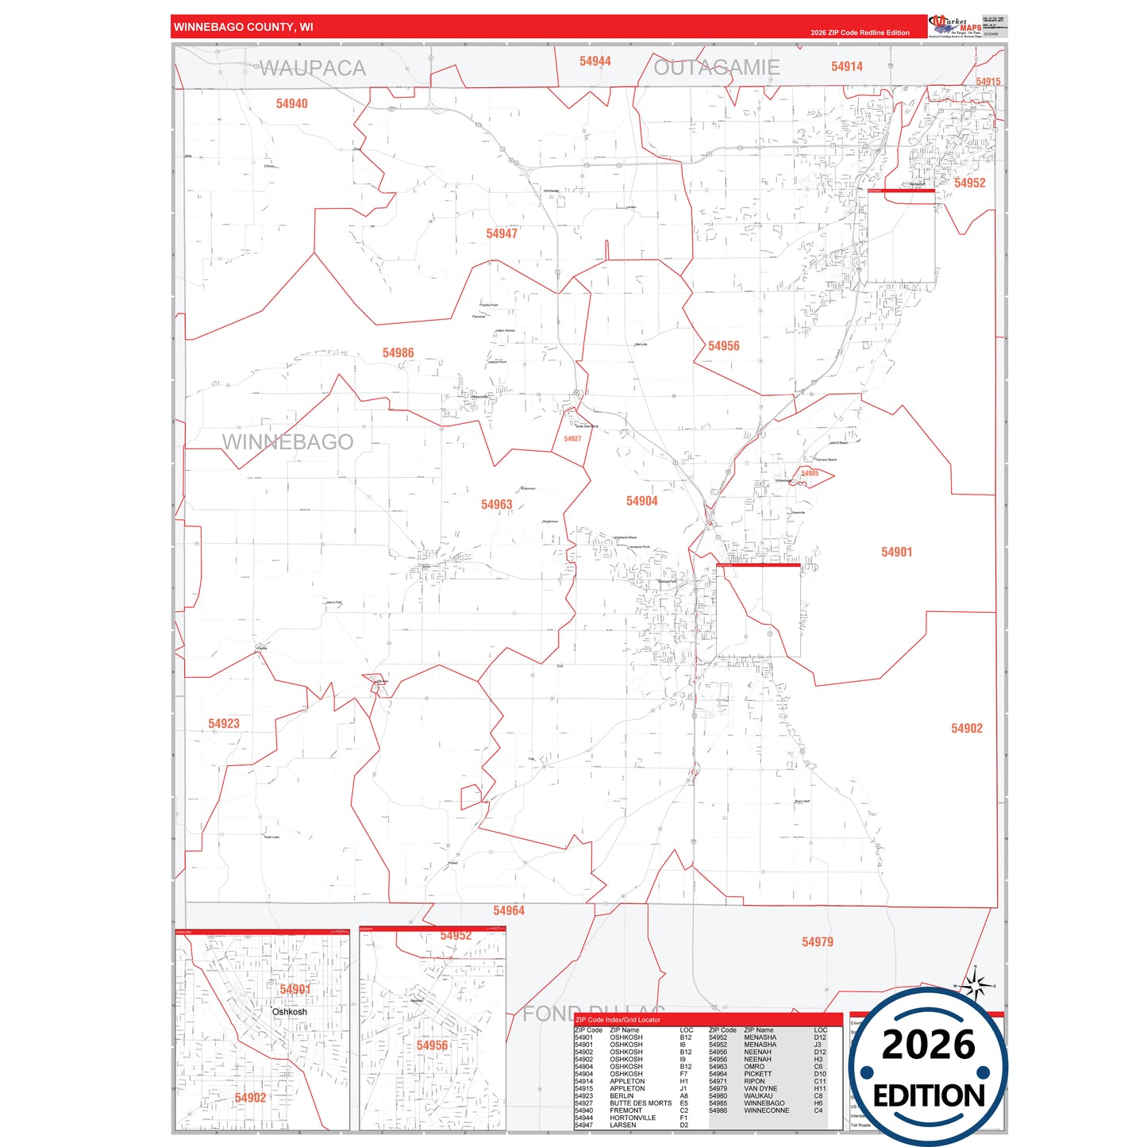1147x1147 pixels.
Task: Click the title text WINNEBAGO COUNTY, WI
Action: point(243,27)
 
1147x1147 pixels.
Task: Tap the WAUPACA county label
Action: point(313,68)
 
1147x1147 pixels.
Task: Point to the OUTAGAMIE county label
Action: point(716,67)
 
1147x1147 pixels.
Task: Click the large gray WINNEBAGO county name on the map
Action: point(287,442)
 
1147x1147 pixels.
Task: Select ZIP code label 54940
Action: point(291,104)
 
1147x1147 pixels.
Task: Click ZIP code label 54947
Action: point(502,233)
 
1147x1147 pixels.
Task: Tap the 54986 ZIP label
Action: point(398,353)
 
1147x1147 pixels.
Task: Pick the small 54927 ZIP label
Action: point(572,439)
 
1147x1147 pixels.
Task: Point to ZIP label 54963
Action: point(496,505)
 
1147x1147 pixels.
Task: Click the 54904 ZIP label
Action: point(641,501)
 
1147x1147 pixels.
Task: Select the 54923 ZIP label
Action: point(224,724)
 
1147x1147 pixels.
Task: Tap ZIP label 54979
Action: point(817,942)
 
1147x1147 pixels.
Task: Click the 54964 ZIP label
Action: point(509,911)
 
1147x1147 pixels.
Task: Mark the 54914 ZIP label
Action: point(846,67)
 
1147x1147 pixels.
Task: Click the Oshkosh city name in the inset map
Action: point(289,1012)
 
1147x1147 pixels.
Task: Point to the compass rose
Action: point(976,986)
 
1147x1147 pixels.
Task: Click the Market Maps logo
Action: point(955,25)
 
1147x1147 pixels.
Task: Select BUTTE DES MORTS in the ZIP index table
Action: point(640,1103)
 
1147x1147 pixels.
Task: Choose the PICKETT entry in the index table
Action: point(757,1074)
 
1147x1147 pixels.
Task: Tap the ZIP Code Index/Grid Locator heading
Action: point(618,1020)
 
